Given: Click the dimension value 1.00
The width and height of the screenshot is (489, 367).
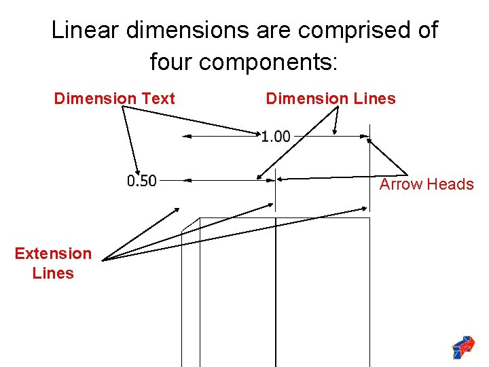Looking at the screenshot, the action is (276, 137).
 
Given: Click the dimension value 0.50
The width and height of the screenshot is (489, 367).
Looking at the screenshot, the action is (141, 181).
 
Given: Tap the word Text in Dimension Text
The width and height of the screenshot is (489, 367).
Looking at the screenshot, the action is (158, 99).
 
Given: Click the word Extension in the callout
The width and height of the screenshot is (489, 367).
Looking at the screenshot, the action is (53, 254).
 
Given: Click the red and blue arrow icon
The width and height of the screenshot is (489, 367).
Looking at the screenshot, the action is (463, 347).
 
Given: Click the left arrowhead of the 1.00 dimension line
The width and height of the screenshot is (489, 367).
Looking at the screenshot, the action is (186, 137).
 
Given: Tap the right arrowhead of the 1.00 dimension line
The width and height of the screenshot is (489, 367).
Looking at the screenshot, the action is (365, 137).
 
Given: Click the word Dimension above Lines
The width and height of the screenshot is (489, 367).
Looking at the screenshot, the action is (306, 99).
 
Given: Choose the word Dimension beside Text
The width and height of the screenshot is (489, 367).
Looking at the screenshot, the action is (94, 99).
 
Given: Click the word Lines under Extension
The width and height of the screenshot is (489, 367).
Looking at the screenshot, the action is (53, 273).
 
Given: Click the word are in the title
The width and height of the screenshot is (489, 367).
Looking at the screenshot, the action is (274, 31).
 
